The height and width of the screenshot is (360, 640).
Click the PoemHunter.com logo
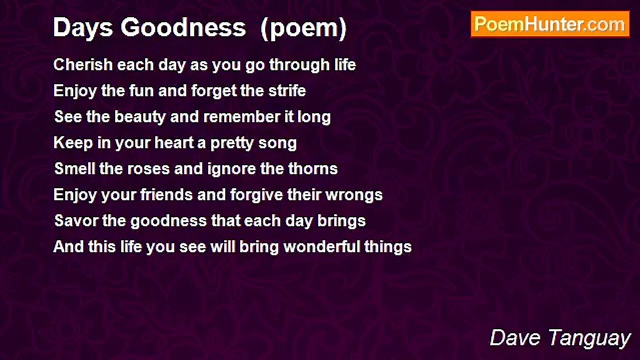(550, 24)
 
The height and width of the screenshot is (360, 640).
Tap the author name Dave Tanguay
(560, 338)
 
